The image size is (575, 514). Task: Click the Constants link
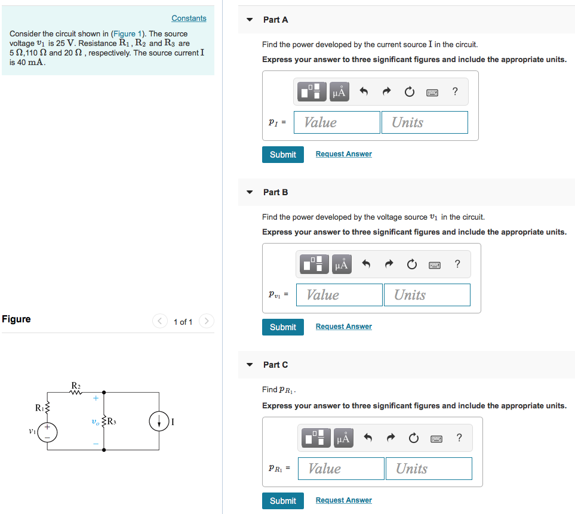pyautogui.click(x=189, y=19)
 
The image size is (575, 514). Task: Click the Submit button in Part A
pyautogui.click(x=282, y=154)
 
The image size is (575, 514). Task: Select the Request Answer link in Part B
pyautogui.click(x=343, y=327)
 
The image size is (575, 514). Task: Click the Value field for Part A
pyautogui.click(x=337, y=122)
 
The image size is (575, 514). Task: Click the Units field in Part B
pyautogui.click(x=426, y=295)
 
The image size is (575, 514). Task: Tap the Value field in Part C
pyautogui.click(x=341, y=469)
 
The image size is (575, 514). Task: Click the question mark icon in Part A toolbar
pyautogui.click(x=455, y=91)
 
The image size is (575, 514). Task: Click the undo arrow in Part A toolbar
pyautogui.click(x=363, y=92)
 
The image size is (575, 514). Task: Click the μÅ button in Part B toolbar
pyautogui.click(x=341, y=264)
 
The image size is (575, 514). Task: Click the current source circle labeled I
pyautogui.click(x=159, y=421)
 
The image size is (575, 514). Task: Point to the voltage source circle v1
pyautogui.click(x=48, y=432)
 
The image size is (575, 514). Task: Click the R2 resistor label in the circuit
pyautogui.click(x=76, y=385)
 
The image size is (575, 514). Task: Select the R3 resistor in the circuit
pyautogui.click(x=106, y=421)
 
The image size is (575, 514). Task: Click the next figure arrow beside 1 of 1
pyautogui.click(x=206, y=322)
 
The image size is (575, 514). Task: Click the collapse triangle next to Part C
pyautogui.click(x=250, y=365)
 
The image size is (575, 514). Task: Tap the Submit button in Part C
pyautogui.click(x=282, y=500)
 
